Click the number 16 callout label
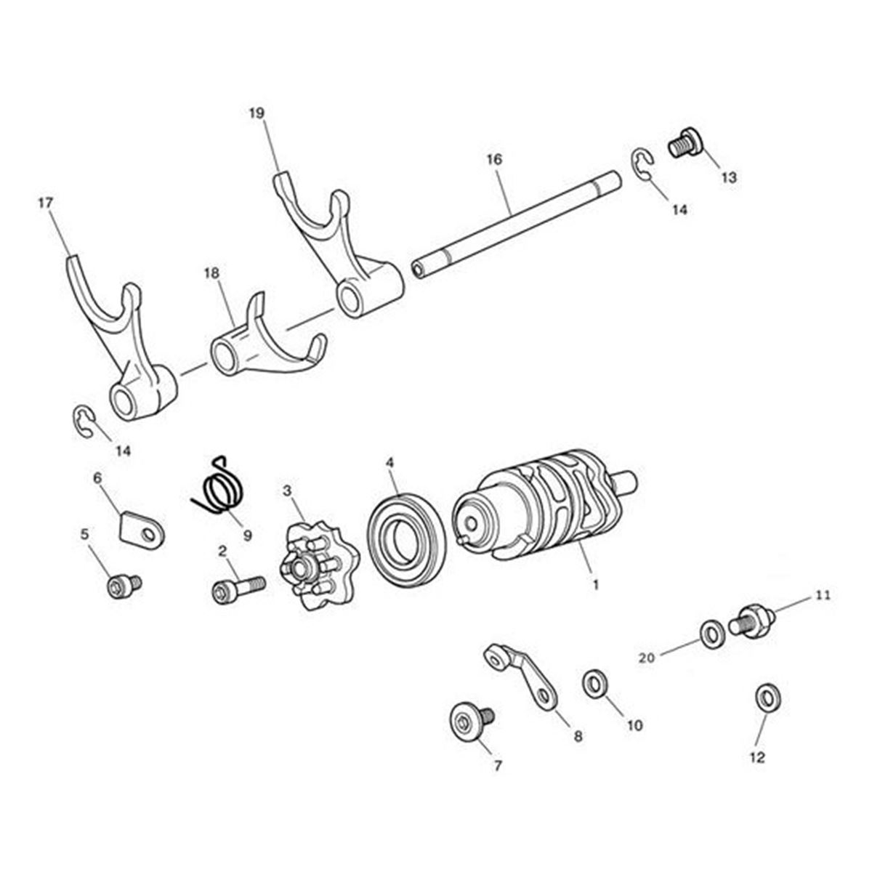[x=495, y=159]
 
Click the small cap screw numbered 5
[x=124, y=586]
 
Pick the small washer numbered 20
[x=712, y=634]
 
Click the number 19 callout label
[x=257, y=113]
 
